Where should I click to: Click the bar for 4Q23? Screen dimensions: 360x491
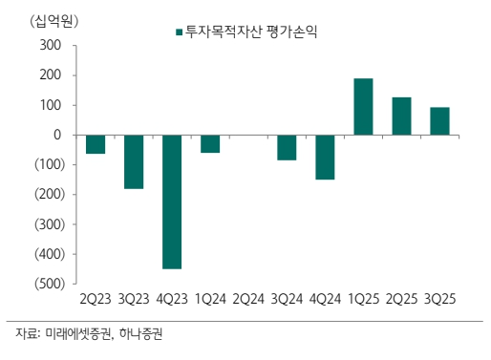click(172, 201)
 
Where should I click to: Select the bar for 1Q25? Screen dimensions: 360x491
click(363, 107)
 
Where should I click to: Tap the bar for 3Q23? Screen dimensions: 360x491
click(134, 161)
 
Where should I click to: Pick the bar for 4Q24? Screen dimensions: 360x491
click(325, 157)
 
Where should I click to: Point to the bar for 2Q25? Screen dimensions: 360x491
click(401, 116)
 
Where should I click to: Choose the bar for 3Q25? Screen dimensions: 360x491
click(439, 121)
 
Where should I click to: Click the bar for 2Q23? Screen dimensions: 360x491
click(96, 144)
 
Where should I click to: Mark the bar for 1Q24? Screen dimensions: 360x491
click(210, 144)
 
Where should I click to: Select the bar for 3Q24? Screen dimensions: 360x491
click(287, 147)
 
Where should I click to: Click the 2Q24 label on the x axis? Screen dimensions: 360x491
click(248, 299)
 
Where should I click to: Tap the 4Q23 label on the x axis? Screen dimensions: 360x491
click(172, 299)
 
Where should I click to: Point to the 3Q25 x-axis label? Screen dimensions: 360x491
click(439, 299)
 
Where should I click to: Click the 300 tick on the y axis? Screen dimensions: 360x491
click(51, 46)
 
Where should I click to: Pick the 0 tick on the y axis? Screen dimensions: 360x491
click(57, 136)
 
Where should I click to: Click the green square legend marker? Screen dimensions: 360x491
click(178, 32)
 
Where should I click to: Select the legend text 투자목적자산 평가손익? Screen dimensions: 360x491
click(251, 32)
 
